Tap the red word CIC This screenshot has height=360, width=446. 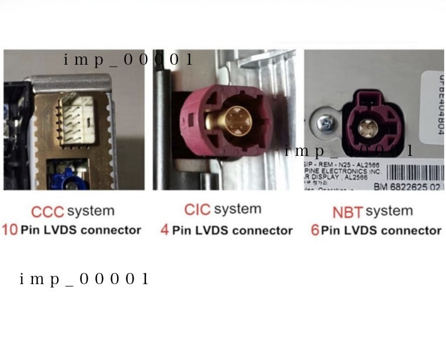click(197, 210)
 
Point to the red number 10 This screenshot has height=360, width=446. click(9, 229)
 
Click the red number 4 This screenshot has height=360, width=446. click(165, 229)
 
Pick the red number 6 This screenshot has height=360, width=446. click(315, 229)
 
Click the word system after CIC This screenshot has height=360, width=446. click(238, 210)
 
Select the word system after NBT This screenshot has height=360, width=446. click(389, 211)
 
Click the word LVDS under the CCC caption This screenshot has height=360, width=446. click(57, 230)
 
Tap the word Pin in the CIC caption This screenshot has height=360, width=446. click(182, 229)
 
